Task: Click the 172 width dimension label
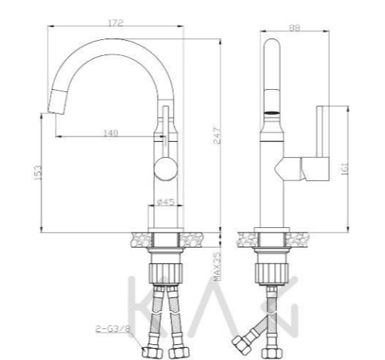pos(115,23)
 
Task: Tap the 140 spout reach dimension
pos(111,133)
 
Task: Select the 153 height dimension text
pos(37,173)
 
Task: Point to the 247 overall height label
pos(217,136)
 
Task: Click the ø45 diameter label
pos(165,202)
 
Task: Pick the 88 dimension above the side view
pos(294,27)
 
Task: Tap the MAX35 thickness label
pos(217,266)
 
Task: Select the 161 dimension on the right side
pos(345,169)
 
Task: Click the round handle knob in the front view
pos(165,168)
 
